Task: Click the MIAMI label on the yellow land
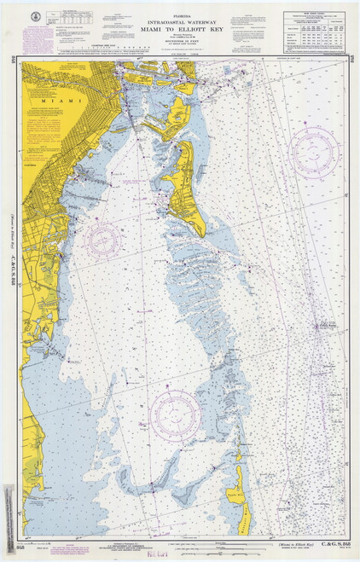tap(59, 101)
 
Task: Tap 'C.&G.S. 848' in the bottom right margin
tap(321, 542)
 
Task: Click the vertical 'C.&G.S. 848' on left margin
tap(14, 268)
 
